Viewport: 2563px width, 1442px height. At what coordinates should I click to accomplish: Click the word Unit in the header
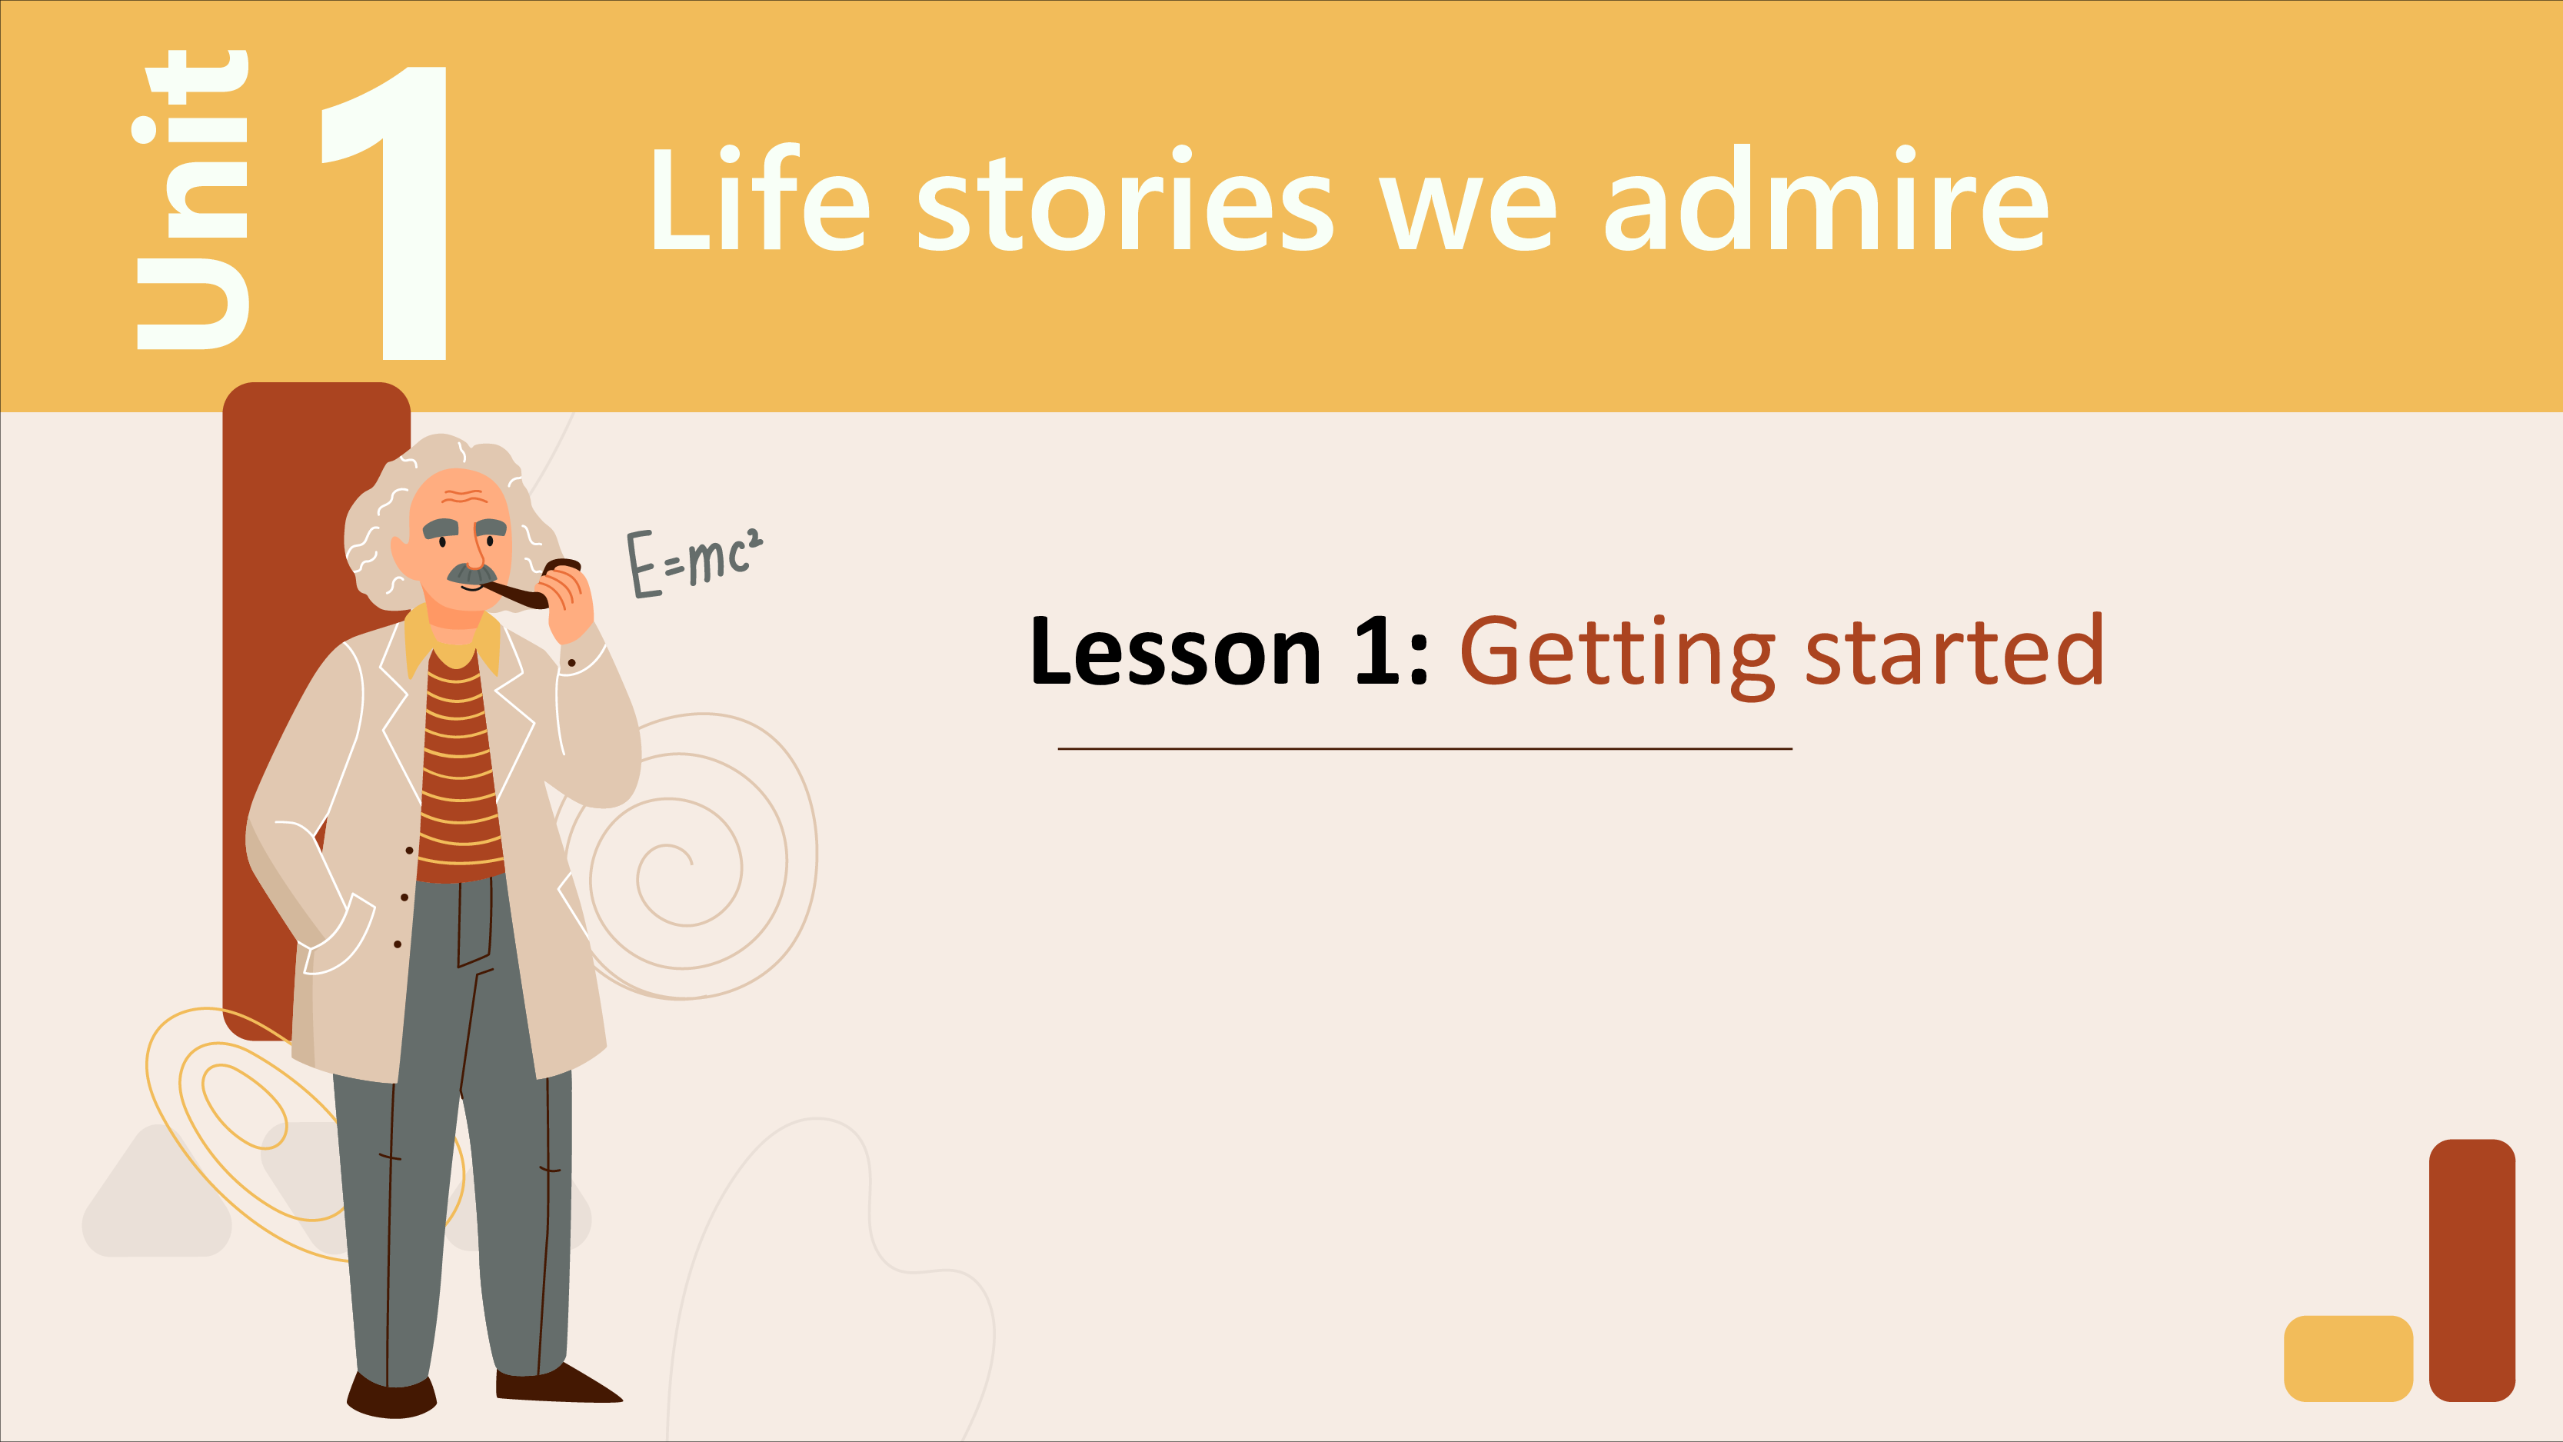[x=191, y=199]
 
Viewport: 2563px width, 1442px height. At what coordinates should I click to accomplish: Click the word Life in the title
[x=761, y=199]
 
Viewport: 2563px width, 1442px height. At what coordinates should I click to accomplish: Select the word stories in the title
[x=1124, y=199]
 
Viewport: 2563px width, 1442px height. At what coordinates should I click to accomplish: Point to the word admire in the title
[x=1827, y=199]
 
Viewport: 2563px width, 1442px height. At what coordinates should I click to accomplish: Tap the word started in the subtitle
[x=1954, y=651]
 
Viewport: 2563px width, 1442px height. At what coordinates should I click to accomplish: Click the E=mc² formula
[x=694, y=562]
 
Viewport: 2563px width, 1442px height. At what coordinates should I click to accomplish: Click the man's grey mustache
[x=471, y=574]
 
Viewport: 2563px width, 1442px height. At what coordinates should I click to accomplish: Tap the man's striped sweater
[x=458, y=771]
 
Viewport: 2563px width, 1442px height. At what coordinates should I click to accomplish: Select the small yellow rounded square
[x=2348, y=1358]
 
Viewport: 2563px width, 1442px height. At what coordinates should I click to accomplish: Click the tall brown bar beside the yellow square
[x=2472, y=1270]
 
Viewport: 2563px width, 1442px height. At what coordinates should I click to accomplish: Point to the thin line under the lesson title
[x=1425, y=748]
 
